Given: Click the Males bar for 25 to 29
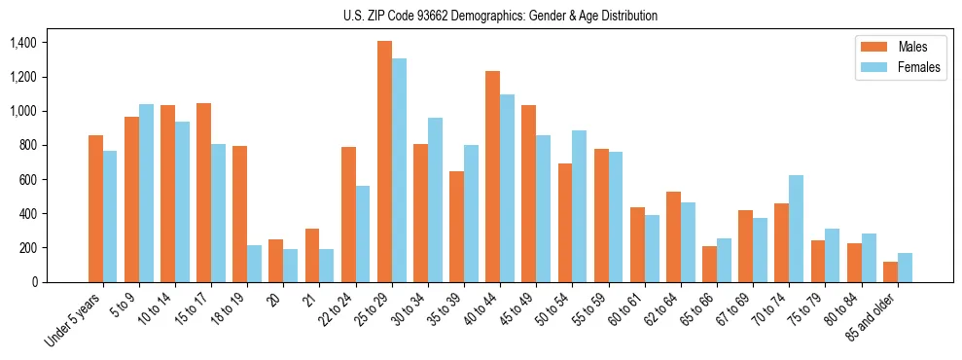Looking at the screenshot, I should tap(384, 162).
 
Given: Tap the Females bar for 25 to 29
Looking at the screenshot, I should tap(399, 170).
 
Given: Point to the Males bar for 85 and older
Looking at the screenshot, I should tap(890, 271).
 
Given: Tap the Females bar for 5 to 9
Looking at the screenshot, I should tap(146, 193).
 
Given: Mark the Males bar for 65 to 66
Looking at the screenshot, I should tap(709, 264).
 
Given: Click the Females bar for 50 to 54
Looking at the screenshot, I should tap(579, 206).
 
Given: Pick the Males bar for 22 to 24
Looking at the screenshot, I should tap(348, 214).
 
